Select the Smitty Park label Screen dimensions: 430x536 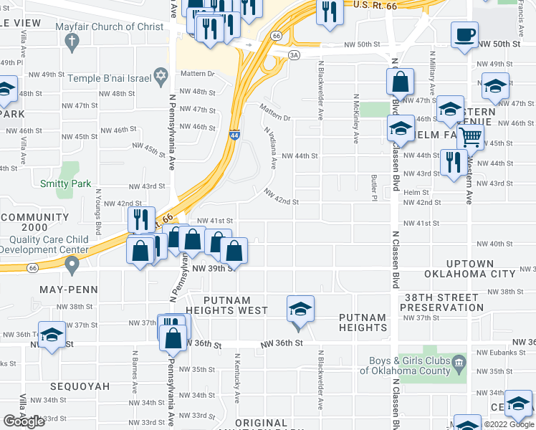[x=65, y=183]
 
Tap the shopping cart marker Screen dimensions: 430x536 [x=471, y=136]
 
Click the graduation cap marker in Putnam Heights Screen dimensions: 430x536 [x=300, y=310]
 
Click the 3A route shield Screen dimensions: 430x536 [x=293, y=54]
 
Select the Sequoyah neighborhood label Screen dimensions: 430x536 [x=80, y=386]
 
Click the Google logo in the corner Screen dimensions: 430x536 [x=24, y=421]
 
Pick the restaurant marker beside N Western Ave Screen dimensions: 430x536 [x=453, y=163]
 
